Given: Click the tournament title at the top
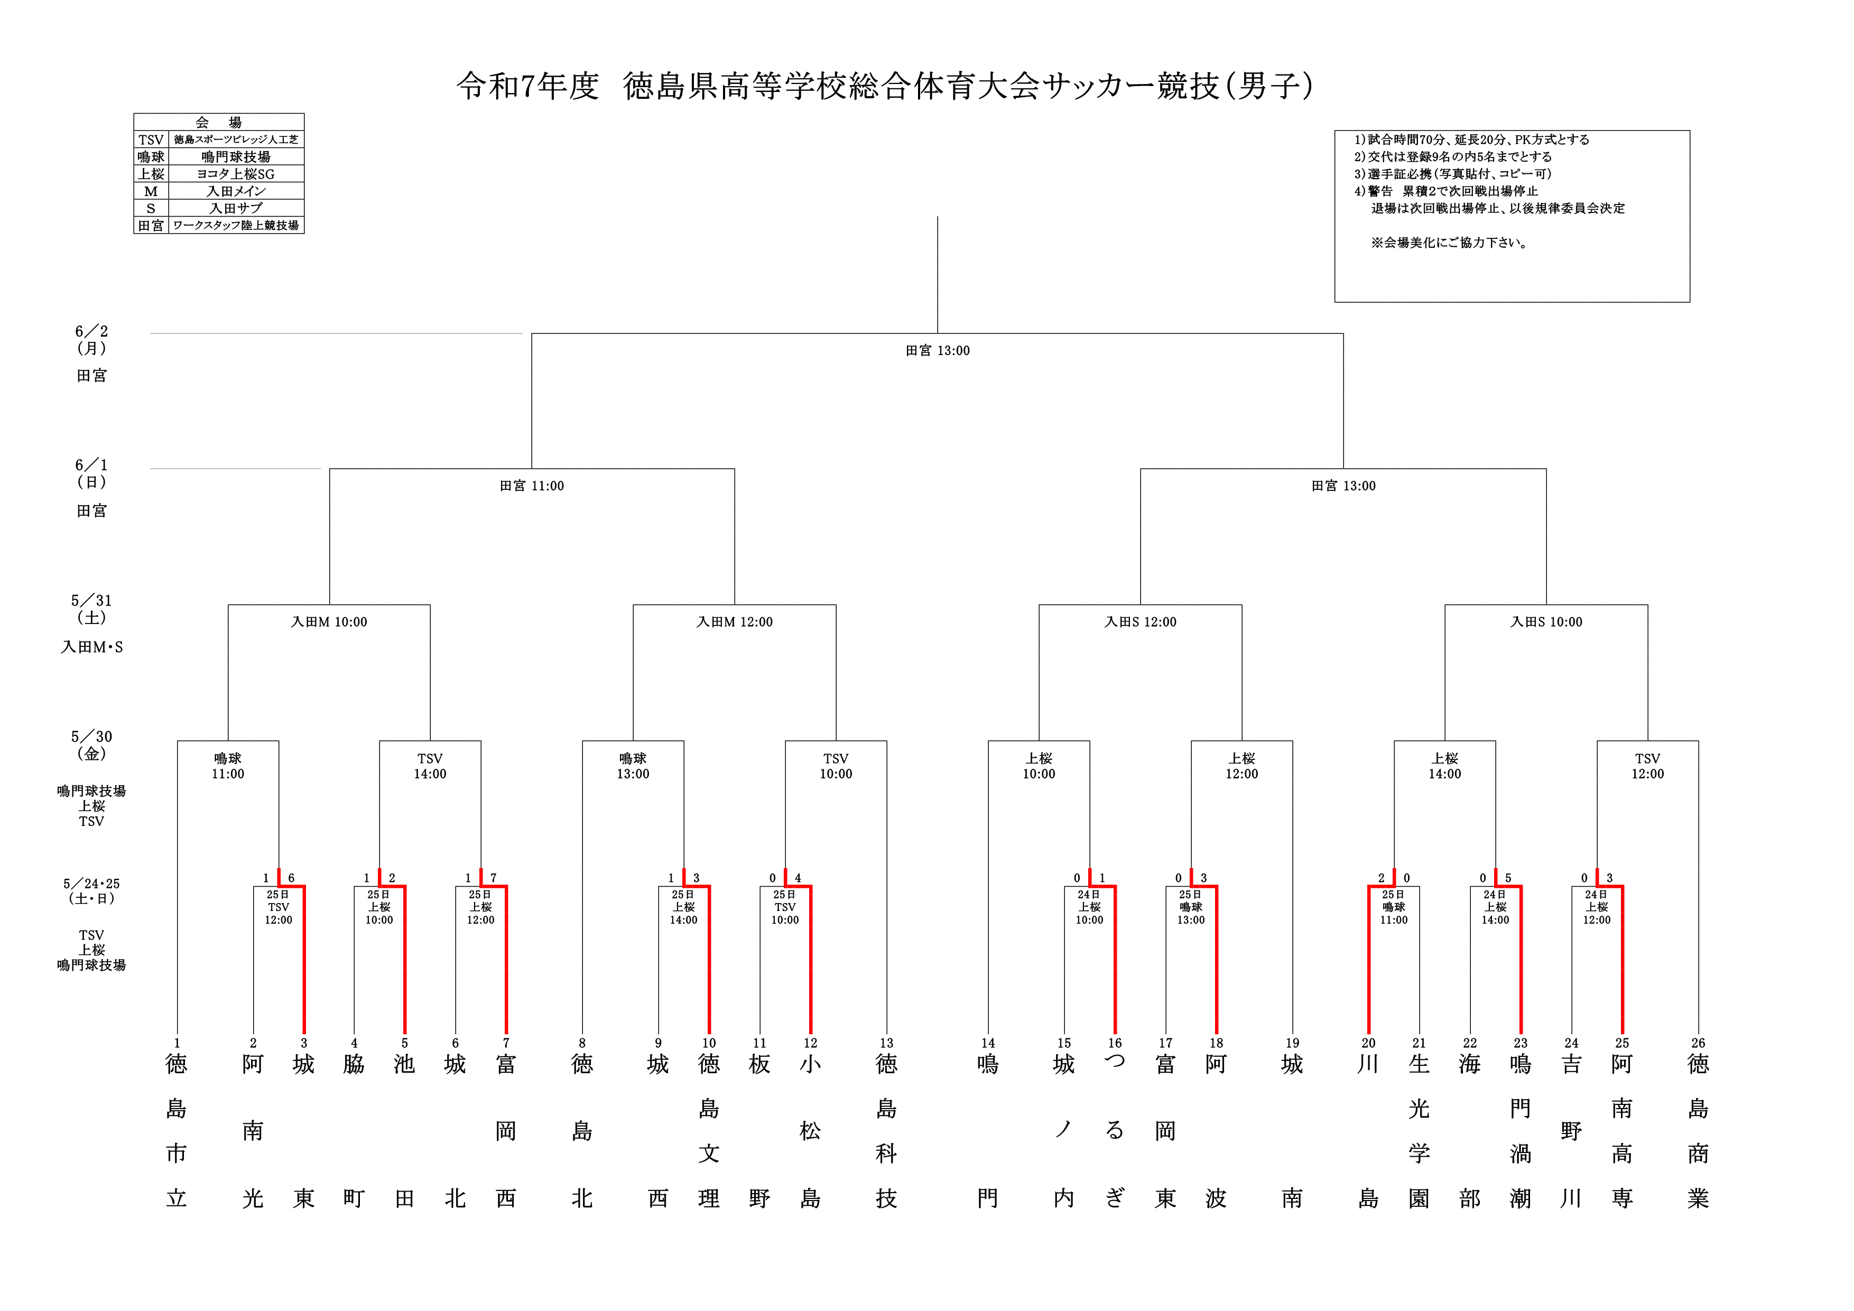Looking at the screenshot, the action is point(885,86).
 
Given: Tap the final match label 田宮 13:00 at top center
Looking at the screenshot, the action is point(938,350).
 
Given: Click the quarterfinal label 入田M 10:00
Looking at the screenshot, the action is point(329,621).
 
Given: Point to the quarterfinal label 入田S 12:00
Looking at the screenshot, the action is point(1140,621).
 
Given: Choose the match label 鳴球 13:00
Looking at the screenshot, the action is point(633,766).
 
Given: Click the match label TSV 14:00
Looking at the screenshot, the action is point(430,766).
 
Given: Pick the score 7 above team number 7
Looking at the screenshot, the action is point(494,878).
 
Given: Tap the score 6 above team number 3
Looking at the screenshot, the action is point(292,878).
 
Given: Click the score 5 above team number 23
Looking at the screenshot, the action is point(1508,878).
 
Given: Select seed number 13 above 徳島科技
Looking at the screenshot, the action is point(887,1043).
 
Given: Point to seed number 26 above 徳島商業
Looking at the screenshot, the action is point(1698,1043).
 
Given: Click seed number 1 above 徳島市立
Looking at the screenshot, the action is point(177,1043).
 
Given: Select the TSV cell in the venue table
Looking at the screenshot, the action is point(151,140).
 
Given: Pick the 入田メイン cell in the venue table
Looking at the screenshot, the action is point(236,191).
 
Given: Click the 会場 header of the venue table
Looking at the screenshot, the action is point(219,122).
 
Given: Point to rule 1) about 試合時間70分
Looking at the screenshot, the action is point(1471,140).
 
